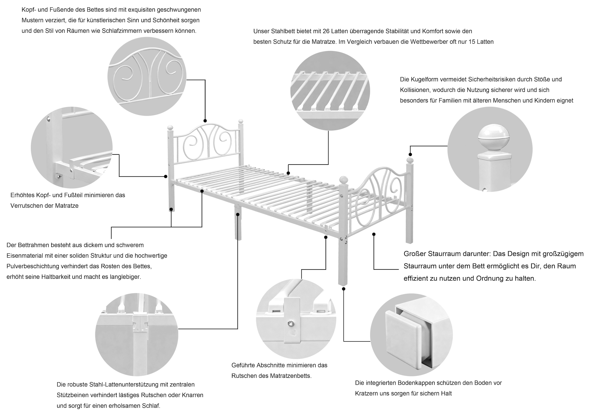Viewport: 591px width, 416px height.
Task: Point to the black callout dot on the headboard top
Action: click(205, 121)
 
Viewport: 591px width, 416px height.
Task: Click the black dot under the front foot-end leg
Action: click(343, 289)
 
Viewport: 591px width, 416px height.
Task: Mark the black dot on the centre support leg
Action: click(238, 214)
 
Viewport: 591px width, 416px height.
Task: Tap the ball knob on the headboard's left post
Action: click(170, 127)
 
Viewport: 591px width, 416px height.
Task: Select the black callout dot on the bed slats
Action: click(288, 173)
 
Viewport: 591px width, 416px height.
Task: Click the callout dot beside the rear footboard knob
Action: click(410, 154)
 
